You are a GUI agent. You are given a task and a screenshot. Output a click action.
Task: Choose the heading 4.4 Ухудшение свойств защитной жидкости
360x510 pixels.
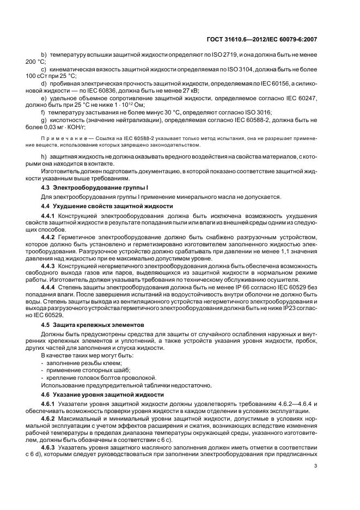(107, 207)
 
